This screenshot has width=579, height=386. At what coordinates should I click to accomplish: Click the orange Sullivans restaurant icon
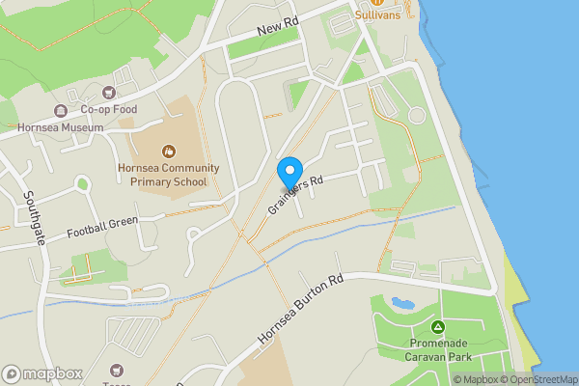pos(376,3)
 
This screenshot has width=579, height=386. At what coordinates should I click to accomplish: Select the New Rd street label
pos(280,32)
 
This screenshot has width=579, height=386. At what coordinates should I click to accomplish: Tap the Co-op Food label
pos(108,110)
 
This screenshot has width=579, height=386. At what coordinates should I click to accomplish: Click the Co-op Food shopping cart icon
pos(108,94)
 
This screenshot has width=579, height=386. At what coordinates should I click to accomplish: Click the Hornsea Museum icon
pos(61,110)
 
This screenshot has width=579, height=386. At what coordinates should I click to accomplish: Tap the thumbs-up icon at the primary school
pos(169,151)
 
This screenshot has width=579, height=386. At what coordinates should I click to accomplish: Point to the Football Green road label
pos(102,227)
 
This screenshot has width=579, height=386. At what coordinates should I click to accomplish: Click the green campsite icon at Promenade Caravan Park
pos(438,327)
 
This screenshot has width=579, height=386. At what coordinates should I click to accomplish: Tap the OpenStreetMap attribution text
pos(537,379)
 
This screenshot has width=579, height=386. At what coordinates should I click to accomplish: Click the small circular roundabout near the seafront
pos(417,116)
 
